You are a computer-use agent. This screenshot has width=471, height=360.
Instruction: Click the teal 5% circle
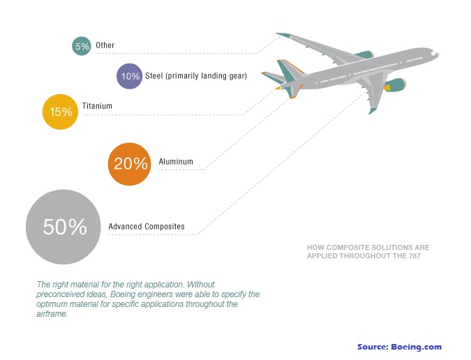point(82,46)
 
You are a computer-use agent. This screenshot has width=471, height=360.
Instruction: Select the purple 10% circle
point(130,76)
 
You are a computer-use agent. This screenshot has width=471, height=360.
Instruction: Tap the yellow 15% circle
point(60,112)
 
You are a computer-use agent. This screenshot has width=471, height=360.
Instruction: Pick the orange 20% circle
point(130,164)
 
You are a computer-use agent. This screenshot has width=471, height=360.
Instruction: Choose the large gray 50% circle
point(63,227)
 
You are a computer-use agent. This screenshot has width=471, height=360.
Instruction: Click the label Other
point(105,45)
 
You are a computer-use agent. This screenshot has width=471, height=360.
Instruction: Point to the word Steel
point(154,75)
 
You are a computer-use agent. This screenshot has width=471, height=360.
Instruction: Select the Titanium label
point(97,106)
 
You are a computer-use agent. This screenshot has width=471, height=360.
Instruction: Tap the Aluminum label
point(176,162)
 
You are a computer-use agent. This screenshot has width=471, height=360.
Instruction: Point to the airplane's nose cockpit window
point(434,53)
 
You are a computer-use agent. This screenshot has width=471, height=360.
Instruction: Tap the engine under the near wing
point(395,85)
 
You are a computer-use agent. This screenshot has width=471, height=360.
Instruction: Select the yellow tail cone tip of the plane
point(278,88)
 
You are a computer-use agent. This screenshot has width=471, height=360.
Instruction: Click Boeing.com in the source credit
point(417,347)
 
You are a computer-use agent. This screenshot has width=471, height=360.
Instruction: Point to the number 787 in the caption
point(414,256)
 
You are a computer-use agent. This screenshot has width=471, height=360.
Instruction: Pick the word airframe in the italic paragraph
point(52,314)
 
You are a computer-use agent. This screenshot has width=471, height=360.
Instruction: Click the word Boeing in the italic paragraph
point(124,294)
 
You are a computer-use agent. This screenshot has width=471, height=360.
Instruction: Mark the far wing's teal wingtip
point(283,35)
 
